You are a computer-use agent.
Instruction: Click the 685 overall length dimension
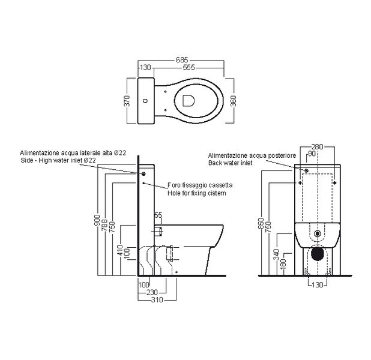182,59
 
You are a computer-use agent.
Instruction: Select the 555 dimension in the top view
189,68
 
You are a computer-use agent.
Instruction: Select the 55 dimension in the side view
158,214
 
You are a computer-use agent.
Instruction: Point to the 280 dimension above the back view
318,146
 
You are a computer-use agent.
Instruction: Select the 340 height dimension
276,255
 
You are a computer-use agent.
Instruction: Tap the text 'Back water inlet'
230,163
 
